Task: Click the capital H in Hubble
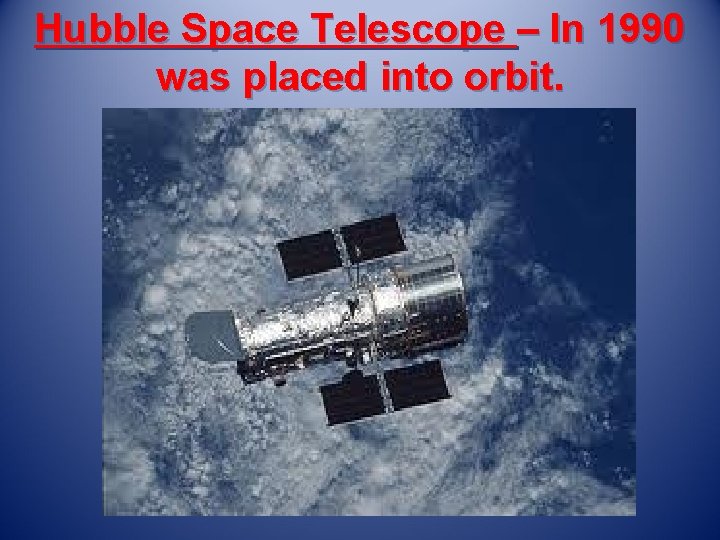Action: click(x=49, y=32)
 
